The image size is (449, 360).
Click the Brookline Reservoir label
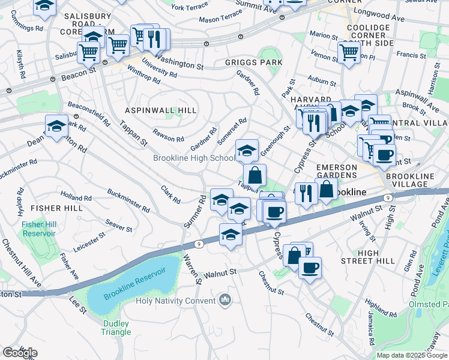tap(134, 280)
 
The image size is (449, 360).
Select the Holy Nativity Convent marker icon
tap(225, 299)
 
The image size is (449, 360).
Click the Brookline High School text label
tap(193, 158)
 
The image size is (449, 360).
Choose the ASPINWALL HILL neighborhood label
tap(160, 110)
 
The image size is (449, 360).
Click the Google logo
tap(20, 353)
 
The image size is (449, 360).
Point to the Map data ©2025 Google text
tap(411, 355)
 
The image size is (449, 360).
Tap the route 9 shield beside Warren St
tap(199, 244)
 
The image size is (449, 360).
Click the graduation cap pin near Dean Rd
tap(56, 127)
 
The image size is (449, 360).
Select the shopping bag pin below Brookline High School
tap(255, 176)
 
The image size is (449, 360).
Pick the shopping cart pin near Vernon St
tap(348, 52)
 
